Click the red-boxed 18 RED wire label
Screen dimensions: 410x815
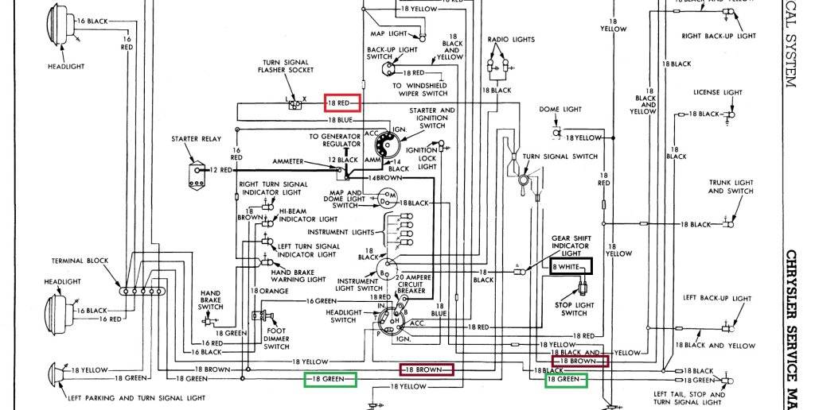pos(342,103)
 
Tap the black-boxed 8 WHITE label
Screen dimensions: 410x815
pos(571,268)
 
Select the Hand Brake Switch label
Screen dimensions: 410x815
pos(211,300)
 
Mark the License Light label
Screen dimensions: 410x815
pos(718,92)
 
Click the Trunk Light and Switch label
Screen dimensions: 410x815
pos(731,187)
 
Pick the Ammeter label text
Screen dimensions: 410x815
pos(287,161)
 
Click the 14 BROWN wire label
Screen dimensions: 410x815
pos(402,178)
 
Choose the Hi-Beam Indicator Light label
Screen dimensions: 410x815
pos(307,215)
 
